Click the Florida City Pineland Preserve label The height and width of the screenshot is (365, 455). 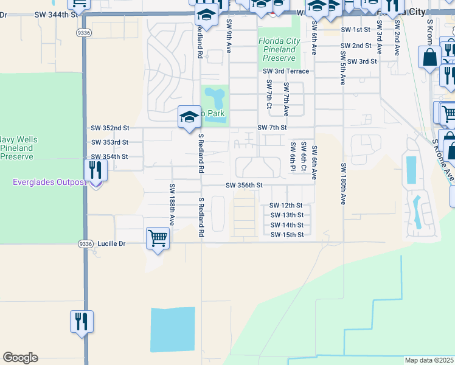coord(280,49)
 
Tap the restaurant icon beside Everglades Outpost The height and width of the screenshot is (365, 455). coord(96,170)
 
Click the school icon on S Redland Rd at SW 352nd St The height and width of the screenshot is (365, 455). coord(189,116)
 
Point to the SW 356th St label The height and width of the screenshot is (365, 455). coord(244,186)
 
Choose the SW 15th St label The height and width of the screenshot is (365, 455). coord(287,235)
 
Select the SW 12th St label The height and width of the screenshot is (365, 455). coord(286,206)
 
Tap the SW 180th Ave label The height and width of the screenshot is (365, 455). coord(343,183)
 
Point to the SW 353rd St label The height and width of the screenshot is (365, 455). coord(109,142)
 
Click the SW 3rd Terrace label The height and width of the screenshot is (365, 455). coord(286,71)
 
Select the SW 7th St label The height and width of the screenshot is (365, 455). coord(271,128)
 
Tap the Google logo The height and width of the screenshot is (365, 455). coord(20,358)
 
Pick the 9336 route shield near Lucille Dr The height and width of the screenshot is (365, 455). coord(85,243)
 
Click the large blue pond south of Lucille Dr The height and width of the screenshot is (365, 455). coord(173,329)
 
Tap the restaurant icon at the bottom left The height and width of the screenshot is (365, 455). coord(82,322)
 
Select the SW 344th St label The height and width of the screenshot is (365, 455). coord(57,13)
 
